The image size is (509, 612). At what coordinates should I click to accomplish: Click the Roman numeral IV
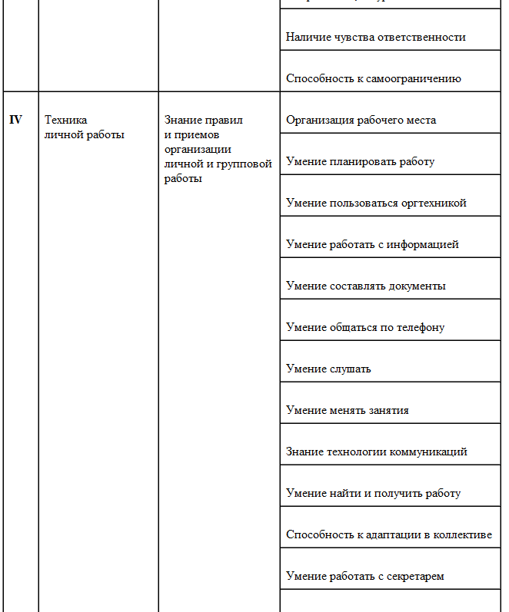point(15,120)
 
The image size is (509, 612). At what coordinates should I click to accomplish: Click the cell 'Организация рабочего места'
point(361,120)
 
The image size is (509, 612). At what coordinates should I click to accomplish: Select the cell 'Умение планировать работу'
point(360,161)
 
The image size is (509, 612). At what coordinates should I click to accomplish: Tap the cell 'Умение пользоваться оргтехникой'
point(376,203)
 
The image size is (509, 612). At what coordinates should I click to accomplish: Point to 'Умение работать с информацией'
point(372,244)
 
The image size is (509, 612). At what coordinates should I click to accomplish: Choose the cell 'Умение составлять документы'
point(365,286)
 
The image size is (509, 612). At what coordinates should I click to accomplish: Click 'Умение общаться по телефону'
point(365,327)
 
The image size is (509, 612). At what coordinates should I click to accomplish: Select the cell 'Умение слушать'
point(328,369)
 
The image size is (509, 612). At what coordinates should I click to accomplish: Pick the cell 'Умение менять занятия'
point(347,410)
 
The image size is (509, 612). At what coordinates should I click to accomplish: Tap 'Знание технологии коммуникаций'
point(376,452)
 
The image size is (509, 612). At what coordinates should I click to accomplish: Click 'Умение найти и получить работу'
point(373,493)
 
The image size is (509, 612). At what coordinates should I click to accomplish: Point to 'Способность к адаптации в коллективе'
point(388,534)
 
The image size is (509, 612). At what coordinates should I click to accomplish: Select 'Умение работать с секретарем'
point(365,576)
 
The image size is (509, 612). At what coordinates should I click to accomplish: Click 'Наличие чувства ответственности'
point(375,37)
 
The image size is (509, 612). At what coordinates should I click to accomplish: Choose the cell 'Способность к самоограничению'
point(373,78)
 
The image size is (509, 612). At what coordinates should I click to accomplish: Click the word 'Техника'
point(66,120)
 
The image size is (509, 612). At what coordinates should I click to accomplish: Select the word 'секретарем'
point(417,576)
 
